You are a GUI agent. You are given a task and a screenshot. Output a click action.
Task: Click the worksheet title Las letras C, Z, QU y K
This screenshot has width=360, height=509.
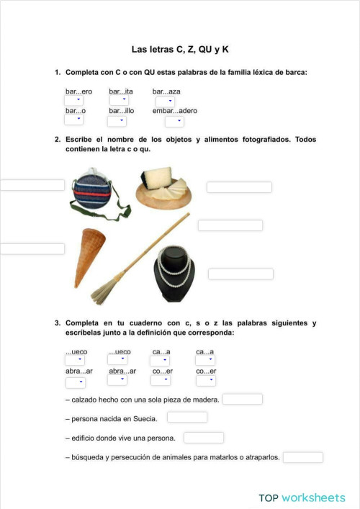tap(179, 50)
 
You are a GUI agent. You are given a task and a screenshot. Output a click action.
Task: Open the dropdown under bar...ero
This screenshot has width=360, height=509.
tap(74, 102)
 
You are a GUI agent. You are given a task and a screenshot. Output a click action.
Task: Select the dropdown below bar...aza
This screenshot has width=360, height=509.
tap(165, 102)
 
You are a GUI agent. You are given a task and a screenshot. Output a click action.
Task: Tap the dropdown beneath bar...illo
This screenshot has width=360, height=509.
tap(117, 121)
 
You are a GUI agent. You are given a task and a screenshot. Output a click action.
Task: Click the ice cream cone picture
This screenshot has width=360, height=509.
tap(89, 255)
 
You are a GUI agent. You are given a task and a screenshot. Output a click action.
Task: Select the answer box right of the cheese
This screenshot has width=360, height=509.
tap(239, 187)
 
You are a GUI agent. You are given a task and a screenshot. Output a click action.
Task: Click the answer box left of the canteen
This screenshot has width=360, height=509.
tap(32, 185)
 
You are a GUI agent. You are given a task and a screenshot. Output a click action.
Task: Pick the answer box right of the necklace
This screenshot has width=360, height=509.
tap(240, 274)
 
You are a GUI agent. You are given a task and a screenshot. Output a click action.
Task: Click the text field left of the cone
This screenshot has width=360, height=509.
tap(32, 249)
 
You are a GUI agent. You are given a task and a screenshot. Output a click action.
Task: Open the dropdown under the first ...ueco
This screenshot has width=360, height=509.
tap(74, 361)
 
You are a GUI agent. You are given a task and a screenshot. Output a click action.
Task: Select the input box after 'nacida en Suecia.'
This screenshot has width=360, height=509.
tap(187, 418)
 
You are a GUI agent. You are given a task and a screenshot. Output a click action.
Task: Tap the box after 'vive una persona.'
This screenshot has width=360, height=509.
tap(204, 437)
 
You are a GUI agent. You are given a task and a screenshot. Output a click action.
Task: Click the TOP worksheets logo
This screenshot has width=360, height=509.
tap(302, 497)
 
